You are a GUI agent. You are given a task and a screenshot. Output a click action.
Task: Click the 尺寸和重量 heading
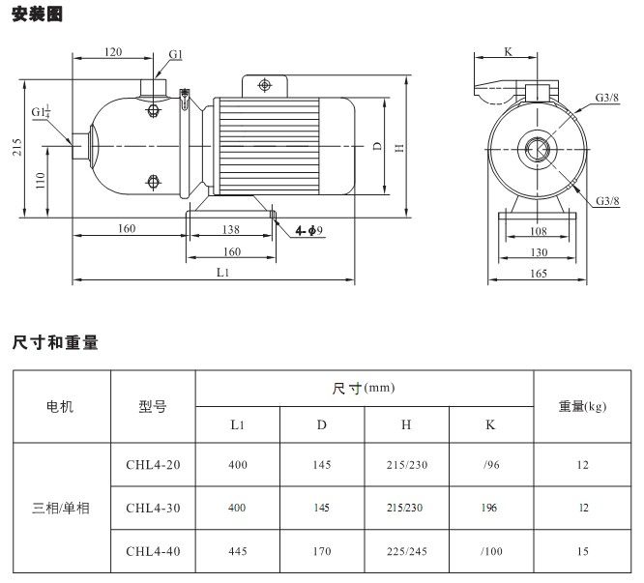tap(56, 342)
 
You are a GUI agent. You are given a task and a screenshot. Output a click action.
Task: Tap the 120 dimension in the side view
tap(113, 52)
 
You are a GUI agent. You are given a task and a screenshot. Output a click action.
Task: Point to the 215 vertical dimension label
tap(15, 147)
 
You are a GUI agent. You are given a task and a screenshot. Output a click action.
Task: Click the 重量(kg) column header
tap(582, 406)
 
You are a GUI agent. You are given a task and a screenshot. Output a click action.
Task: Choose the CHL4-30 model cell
tap(153, 509)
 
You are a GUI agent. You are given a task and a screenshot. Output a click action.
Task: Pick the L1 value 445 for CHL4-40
tap(238, 552)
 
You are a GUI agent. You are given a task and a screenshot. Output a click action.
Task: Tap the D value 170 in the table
tap(322, 552)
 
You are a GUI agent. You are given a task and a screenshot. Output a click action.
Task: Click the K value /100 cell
tap(491, 552)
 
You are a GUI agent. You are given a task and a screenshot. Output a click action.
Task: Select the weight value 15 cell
tap(582, 552)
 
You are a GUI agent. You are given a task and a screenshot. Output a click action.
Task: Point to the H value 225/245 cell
tap(406, 552)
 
